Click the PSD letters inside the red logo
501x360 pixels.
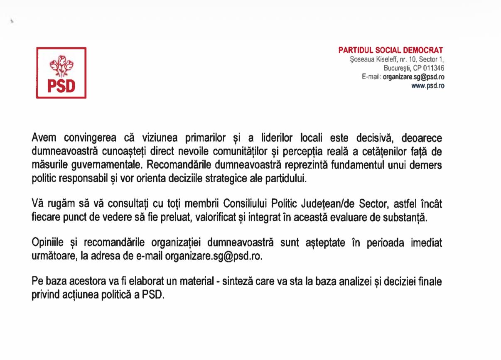[x=61, y=86]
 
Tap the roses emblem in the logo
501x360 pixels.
[x=61, y=66]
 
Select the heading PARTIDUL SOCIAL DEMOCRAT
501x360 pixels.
[x=391, y=50]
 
